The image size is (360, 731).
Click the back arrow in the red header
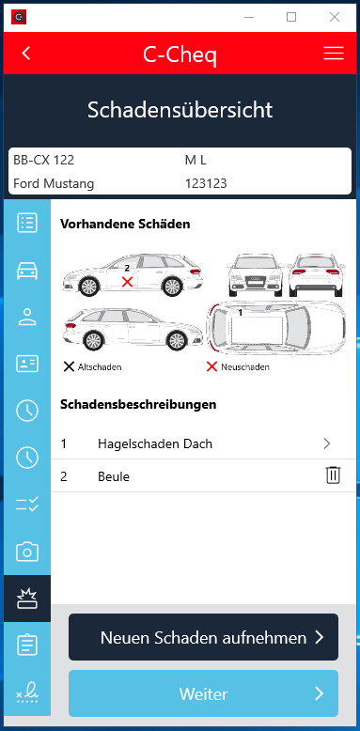click(x=26, y=54)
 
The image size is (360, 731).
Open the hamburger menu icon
click(x=334, y=54)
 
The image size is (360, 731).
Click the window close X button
click(x=335, y=17)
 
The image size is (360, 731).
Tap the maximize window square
click(x=291, y=17)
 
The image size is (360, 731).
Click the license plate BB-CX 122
click(x=44, y=161)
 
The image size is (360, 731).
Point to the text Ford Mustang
click(x=54, y=183)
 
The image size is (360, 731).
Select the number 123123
click(x=206, y=183)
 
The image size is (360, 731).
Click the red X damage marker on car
click(x=127, y=282)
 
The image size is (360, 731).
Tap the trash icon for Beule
click(x=334, y=475)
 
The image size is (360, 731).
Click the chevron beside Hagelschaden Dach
click(x=327, y=443)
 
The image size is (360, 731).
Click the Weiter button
click(x=203, y=693)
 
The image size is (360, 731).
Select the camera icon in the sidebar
click(x=27, y=552)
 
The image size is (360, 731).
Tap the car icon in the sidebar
click(x=27, y=271)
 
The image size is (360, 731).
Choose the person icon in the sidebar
click(x=27, y=317)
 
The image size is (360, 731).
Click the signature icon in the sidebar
click(x=27, y=692)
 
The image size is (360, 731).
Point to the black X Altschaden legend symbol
click(x=69, y=366)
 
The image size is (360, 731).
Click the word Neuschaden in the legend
click(x=245, y=366)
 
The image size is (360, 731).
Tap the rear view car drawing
click(x=317, y=275)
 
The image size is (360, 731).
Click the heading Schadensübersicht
click(x=180, y=111)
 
